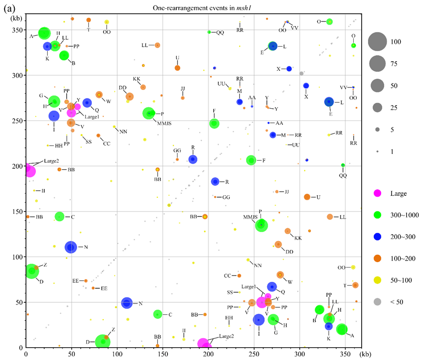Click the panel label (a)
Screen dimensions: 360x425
tap(8, 6)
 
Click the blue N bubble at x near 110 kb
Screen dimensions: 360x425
tap(127, 303)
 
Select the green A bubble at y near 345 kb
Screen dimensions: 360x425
tap(44, 33)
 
